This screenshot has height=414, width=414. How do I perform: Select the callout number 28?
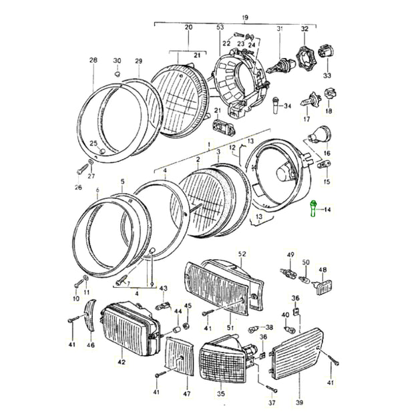[x=93, y=60]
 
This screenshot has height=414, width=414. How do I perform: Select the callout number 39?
[x=299, y=403]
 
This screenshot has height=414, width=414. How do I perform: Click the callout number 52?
[x=242, y=254]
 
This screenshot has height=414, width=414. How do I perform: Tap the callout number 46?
[x=91, y=345]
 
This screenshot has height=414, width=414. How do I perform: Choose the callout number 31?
[x=280, y=28]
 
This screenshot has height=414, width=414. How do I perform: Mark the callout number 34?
[x=288, y=106]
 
